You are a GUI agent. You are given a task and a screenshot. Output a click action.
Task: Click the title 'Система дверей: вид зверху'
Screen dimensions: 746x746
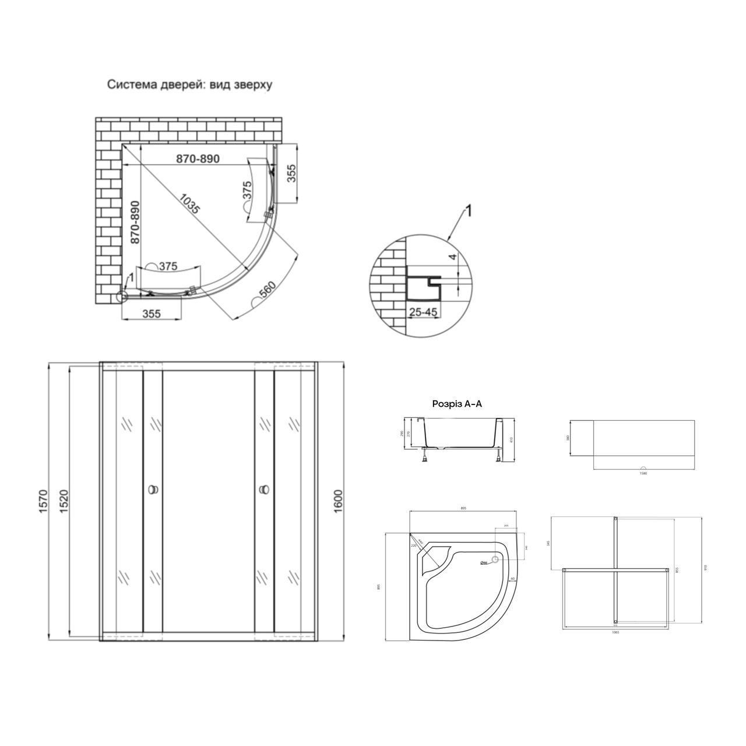(189, 85)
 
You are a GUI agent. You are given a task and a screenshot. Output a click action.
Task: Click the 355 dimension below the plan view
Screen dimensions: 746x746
(151, 314)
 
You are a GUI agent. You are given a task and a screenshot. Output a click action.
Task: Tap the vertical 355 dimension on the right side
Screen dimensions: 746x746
(291, 174)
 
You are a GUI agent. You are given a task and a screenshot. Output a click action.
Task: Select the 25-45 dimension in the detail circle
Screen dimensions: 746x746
(423, 312)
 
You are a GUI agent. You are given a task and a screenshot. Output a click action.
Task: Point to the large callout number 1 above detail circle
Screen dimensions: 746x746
(469, 211)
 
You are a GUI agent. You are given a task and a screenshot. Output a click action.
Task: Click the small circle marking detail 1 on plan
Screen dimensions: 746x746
(121, 297)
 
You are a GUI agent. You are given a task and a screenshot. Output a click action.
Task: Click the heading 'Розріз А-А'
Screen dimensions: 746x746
(457, 403)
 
